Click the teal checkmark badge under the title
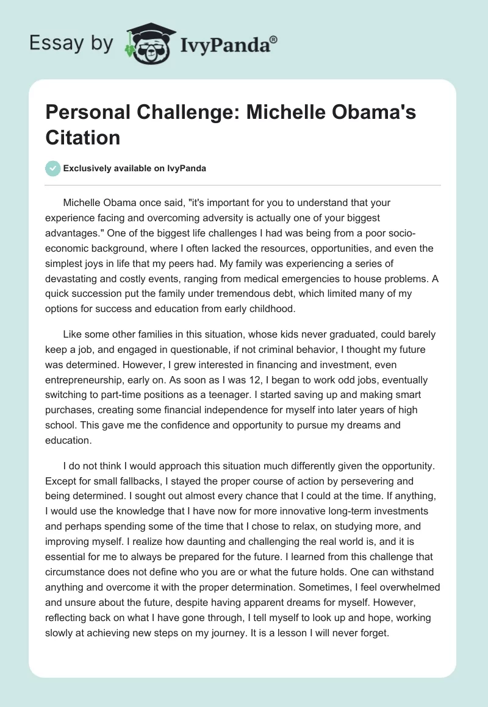[53, 168]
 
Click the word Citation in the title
[82, 137]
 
